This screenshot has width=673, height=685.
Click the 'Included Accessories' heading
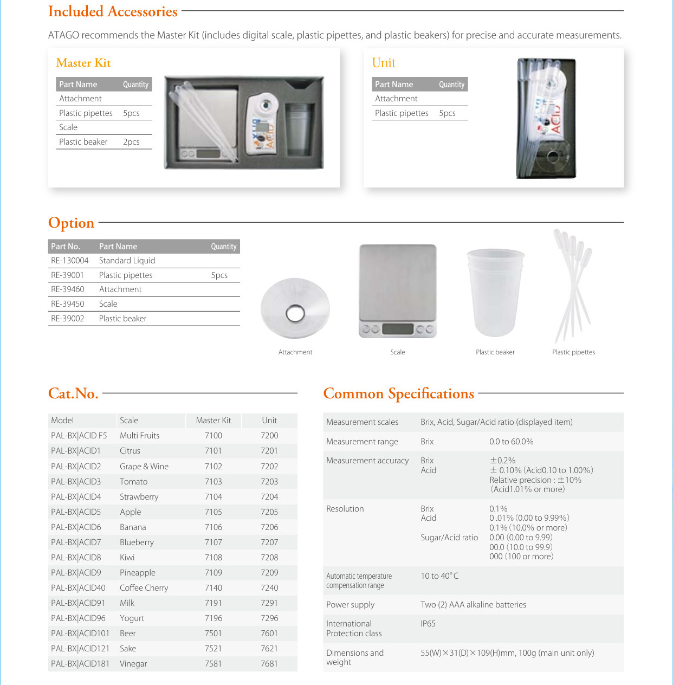click(113, 11)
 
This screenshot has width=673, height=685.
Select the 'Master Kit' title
click(83, 63)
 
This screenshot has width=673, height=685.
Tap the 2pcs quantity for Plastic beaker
click(131, 142)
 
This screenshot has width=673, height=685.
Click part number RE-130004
click(69, 261)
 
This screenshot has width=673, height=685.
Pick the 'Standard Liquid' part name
click(127, 261)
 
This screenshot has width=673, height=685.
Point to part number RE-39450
click(68, 304)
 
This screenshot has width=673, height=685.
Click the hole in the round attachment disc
click(295, 313)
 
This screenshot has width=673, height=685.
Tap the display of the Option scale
click(398, 329)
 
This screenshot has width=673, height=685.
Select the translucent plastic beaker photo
click(495, 293)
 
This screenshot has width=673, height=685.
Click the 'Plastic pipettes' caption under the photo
click(573, 352)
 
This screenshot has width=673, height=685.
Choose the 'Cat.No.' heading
click(73, 393)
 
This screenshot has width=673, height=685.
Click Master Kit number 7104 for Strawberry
click(213, 497)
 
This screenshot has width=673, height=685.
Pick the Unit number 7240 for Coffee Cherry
click(269, 588)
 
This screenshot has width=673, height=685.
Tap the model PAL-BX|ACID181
click(80, 664)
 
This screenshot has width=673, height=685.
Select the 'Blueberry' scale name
click(137, 542)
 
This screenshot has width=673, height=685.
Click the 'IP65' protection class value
click(428, 624)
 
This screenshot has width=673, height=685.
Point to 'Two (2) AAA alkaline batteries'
click(473, 605)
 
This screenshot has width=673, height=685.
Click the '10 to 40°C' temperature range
click(439, 576)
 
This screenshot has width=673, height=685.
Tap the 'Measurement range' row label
click(362, 442)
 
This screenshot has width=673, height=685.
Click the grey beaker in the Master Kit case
click(299, 129)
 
